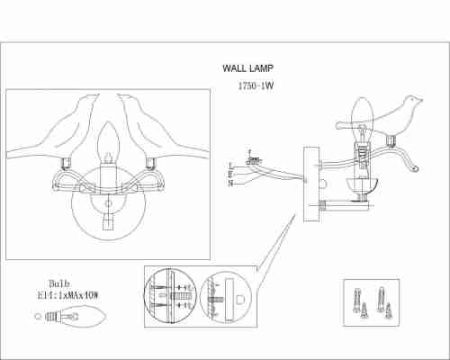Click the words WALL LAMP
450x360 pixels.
click(x=247, y=68)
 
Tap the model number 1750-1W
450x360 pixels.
click(x=256, y=85)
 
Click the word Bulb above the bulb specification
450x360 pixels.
click(x=59, y=283)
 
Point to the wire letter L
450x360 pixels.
click(x=230, y=166)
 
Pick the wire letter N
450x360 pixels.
click(x=230, y=183)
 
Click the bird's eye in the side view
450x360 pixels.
click(x=413, y=99)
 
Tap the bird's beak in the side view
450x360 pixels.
click(x=421, y=100)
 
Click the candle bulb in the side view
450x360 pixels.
click(x=362, y=119)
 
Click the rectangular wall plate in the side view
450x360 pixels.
click(x=311, y=184)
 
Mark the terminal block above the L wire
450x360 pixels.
click(x=254, y=160)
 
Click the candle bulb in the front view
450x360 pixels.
click(x=108, y=142)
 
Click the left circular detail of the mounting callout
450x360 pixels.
click(x=170, y=296)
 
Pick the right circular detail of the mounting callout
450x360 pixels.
click(x=225, y=297)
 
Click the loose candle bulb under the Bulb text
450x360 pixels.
click(x=71, y=316)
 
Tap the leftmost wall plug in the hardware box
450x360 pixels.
click(x=356, y=301)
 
